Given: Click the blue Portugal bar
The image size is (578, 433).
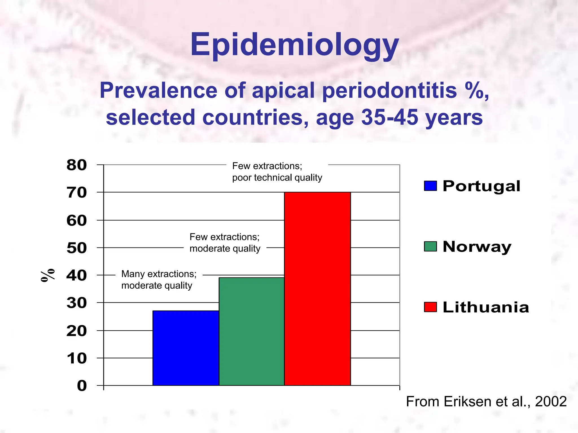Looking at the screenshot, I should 186,348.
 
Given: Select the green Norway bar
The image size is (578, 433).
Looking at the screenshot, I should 251,331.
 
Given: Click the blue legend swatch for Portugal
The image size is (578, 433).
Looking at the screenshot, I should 430,186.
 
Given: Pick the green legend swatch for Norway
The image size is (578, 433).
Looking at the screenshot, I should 430,246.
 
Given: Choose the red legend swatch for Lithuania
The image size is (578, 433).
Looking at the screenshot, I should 430,307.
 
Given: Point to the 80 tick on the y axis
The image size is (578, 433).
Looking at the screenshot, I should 76,165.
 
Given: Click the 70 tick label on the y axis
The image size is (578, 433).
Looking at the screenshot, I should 76,193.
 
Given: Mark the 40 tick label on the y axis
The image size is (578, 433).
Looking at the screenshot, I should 76,275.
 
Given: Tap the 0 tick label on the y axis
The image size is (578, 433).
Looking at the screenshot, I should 82,386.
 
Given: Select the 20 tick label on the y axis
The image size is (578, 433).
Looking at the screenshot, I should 76,331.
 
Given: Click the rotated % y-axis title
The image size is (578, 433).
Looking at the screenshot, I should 48,275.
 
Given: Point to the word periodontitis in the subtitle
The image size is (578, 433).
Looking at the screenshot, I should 389,90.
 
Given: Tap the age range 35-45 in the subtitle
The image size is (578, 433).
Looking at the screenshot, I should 390,117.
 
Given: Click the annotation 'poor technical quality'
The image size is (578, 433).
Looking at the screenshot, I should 277,178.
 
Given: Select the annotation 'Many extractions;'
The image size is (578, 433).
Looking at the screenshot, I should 159,274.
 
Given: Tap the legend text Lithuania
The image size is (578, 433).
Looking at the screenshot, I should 485,307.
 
